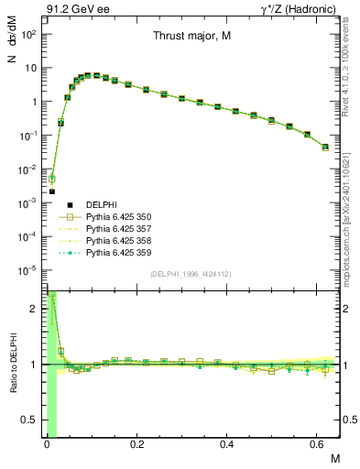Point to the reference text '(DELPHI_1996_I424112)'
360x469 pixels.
coord(190,273)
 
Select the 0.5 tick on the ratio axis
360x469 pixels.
coord(32,420)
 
